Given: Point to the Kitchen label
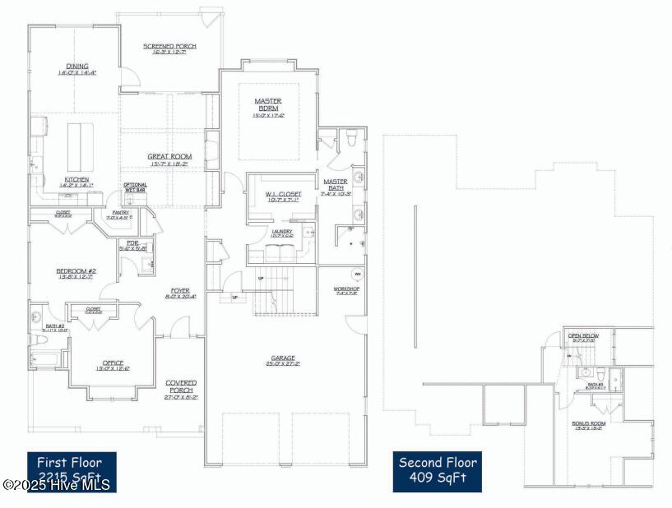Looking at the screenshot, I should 77,182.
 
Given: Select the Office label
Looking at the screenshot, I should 113,366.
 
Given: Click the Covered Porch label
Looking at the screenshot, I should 181,386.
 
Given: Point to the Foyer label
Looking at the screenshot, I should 180,293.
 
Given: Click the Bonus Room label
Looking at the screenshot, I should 588,426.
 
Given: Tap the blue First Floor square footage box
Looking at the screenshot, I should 71,471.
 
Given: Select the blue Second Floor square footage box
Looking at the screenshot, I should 438,471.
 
